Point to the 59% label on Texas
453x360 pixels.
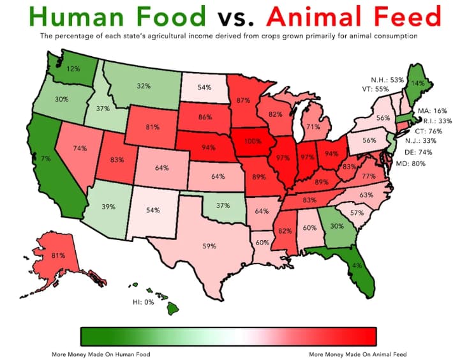(x=210, y=245)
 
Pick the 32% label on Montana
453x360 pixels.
(x=143, y=86)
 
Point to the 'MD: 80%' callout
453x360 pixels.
(x=413, y=163)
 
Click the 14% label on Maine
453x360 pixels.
(x=418, y=83)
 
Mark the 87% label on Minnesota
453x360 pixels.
(x=243, y=100)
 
